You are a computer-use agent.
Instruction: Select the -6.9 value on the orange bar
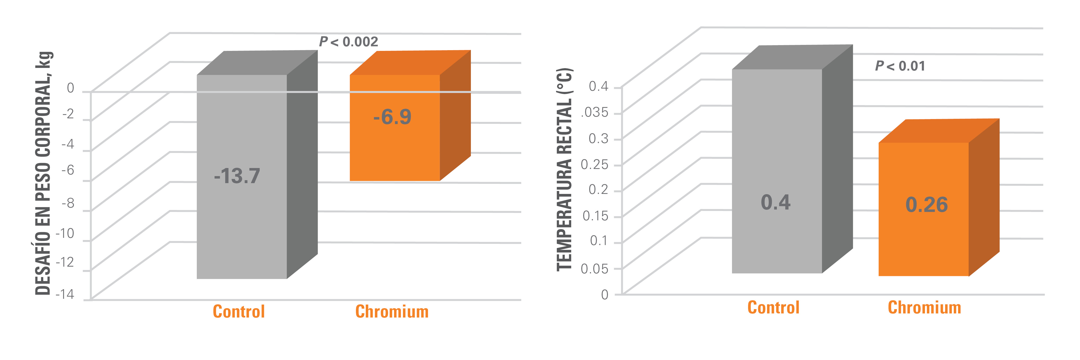392,117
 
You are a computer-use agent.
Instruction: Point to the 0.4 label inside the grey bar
776,202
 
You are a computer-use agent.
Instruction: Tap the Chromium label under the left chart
392,311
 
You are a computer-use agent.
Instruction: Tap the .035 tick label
594,112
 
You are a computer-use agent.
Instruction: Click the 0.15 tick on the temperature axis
595,216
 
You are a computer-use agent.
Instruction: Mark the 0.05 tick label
594,269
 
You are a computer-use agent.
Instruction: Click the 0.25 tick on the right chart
594,164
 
